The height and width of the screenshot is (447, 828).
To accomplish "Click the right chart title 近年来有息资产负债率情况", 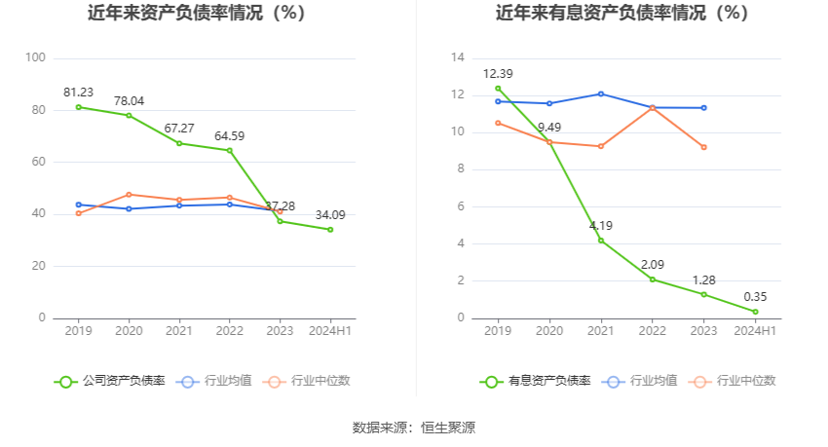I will (x=621, y=14).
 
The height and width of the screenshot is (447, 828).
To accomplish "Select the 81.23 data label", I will (x=78, y=92).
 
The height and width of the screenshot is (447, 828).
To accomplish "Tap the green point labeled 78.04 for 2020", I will (x=129, y=115).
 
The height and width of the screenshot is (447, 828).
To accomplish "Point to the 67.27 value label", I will (x=179, y=128).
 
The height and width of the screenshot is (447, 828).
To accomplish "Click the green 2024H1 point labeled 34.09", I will (x=330, y=229).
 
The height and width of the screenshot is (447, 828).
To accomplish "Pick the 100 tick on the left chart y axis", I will (x=36, y=58).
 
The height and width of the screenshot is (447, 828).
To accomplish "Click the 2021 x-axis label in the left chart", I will (x=179, y=331).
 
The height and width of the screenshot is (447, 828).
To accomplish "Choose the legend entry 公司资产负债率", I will (x=109, y=381).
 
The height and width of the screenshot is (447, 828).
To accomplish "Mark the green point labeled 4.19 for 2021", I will (x=601, y=240).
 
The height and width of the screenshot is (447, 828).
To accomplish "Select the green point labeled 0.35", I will (x=755, y=312).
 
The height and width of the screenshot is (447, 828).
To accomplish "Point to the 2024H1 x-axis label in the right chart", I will (x=755, y=331).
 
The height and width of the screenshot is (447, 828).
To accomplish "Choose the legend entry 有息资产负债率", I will (x=535, y=381).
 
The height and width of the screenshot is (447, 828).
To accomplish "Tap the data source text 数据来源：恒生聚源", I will (x=413, y=428).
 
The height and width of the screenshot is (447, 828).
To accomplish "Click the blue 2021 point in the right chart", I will (x=601, y=93).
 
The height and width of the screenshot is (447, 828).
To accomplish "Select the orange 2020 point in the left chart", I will (x=129, y=194).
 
